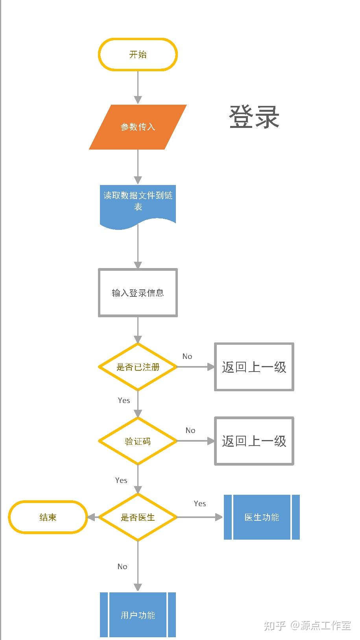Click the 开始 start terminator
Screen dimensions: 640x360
(138, 54)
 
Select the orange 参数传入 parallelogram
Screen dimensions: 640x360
(138, 127)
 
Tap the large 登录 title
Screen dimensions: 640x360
(254, 117)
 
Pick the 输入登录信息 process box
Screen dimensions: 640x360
(138, 292)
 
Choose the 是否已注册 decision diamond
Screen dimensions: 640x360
(138, 367)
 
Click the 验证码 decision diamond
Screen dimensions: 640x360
(138, 441)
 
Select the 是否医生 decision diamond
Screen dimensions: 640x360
(138, 517)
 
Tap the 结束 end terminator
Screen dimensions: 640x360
(48, 517)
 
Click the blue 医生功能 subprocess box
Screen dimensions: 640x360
(262, 517)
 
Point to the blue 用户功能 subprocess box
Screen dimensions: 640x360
(138, 615)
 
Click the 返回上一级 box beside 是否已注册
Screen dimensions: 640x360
(254, 367)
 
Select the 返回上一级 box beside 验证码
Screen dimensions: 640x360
(254, 441)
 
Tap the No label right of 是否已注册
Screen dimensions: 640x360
(187, 356)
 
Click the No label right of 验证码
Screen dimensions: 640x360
(190, 430)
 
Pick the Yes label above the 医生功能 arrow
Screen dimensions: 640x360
(200, 503)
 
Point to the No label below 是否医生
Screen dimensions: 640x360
(122, 566)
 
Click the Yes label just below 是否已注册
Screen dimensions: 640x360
(124, 400)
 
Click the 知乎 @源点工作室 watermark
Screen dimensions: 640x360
(307, 625)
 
